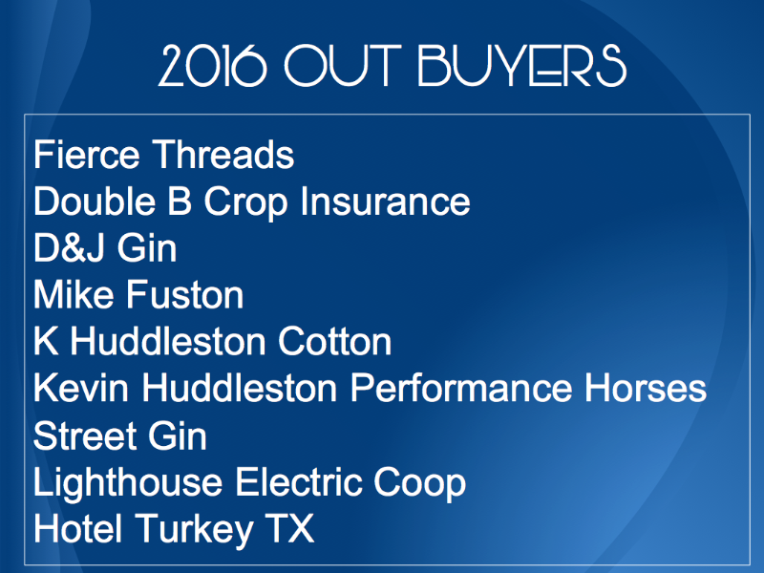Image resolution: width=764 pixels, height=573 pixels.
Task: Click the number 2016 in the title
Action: point(212,66)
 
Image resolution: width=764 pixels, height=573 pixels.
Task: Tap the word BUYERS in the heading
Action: point(521,66)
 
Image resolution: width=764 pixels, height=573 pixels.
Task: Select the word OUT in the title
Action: point(343,66)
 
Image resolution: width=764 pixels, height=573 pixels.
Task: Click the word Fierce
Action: point(87,155)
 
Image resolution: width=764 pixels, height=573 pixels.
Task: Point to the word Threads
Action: point(223,155)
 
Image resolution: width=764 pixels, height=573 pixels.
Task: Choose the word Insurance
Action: point(385,201)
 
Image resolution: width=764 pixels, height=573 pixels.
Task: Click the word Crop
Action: point(246,202)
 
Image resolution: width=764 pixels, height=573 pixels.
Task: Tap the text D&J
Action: point(69,248)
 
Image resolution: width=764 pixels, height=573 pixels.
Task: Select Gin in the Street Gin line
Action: point(178,435)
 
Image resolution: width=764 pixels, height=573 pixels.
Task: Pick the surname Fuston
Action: point(185,295)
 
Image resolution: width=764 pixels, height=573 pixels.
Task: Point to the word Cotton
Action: point(335,342)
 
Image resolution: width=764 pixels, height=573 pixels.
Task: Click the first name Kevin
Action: point(81,389)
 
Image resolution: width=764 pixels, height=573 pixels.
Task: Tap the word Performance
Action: point(461,389)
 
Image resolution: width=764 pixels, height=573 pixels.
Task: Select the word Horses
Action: point(646,389)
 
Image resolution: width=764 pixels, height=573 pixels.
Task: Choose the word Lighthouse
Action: point(128,484)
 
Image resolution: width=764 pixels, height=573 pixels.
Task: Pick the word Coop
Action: point(419,484)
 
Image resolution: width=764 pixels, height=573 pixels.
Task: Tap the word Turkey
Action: point(194,530)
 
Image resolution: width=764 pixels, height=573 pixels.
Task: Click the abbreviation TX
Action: point(289,528)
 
